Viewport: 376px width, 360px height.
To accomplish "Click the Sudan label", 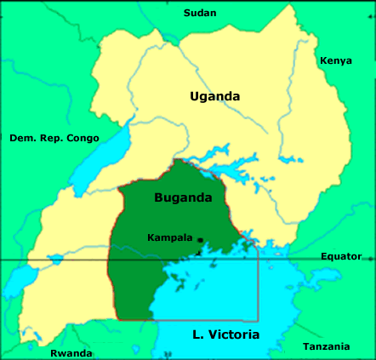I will (201, 13).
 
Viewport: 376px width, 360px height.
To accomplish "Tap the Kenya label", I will (335, 61).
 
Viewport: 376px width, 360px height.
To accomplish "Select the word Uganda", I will (214, 96).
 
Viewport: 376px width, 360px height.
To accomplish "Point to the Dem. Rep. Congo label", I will (54, 138).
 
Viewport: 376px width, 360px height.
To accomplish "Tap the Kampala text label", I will (169, 237).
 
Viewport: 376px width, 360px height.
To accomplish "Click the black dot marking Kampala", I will (200, 240).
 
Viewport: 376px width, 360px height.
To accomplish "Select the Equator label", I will (341, 256).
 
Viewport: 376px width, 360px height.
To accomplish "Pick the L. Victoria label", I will (225, 334).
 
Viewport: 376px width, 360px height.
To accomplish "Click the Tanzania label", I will (326, 346).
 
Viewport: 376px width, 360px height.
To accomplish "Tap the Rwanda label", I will (71, 353).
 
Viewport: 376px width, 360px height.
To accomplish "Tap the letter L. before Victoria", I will (199, 334).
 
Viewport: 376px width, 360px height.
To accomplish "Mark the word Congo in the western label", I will (83, 138).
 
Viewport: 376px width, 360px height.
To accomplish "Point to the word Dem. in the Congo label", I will (22, 138).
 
